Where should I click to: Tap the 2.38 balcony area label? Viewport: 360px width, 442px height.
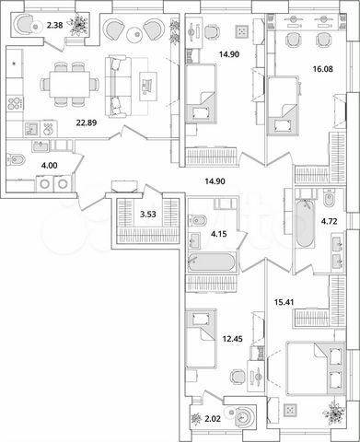tap(56, 27)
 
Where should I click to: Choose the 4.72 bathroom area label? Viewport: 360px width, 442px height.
tap(327, 222)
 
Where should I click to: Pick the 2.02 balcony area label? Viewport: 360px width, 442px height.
tap(212, 420)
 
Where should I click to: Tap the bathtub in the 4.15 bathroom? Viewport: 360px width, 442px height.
tap(211, 262)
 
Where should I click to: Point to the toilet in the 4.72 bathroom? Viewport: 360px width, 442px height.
tap(329, 198)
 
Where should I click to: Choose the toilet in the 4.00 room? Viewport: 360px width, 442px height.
tap(17, 161)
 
